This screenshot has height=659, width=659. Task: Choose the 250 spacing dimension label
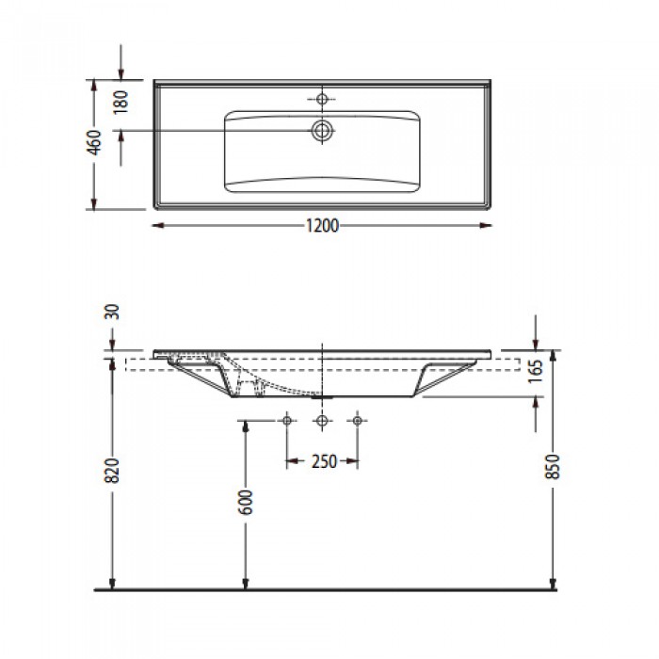[x=322, y=462]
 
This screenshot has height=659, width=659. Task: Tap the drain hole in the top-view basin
[x=323, y=130]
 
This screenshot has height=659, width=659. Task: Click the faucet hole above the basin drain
[x=323, y=98]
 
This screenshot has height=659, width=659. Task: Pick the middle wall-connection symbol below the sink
[x=323, y=419]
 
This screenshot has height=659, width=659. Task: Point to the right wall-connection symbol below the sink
[x=358, y=419]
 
